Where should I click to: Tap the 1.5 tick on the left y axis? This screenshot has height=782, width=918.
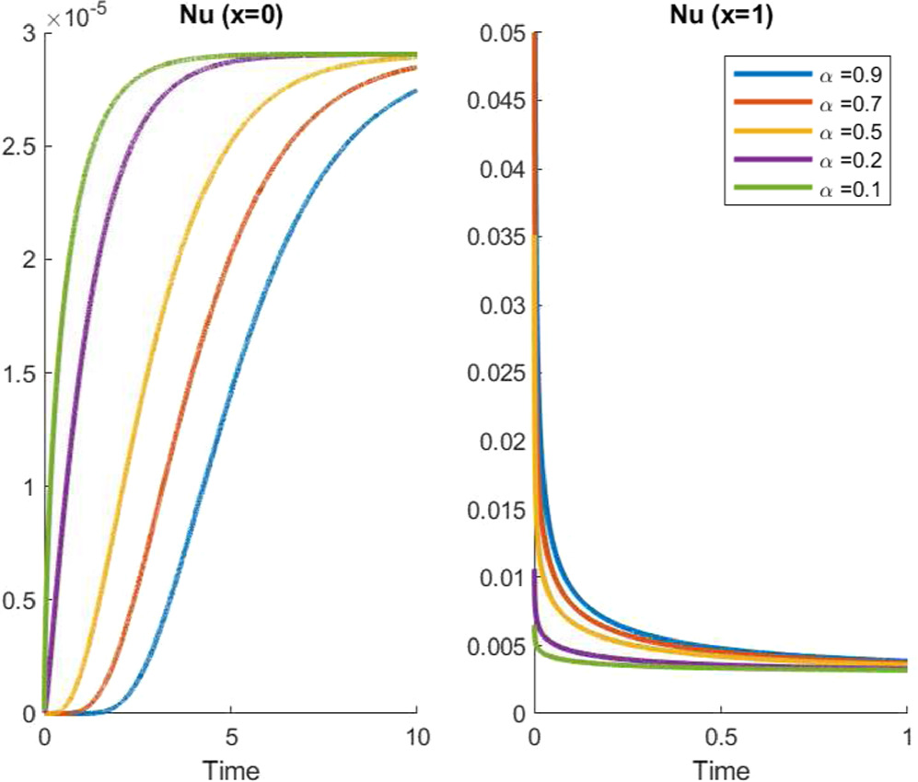click(x=18, y=374)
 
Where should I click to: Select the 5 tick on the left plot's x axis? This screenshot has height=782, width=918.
click(x=230, y=740)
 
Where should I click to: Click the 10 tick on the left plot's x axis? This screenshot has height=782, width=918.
click(x=416, y=740)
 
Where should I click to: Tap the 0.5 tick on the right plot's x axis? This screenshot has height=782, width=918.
click(x=720, y=740)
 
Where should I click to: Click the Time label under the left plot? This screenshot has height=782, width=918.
click(x=230, y=768)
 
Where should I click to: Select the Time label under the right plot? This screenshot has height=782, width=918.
click(x=720, y=768)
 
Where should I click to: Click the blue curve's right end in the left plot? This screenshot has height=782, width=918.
click(x=416, y=90)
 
